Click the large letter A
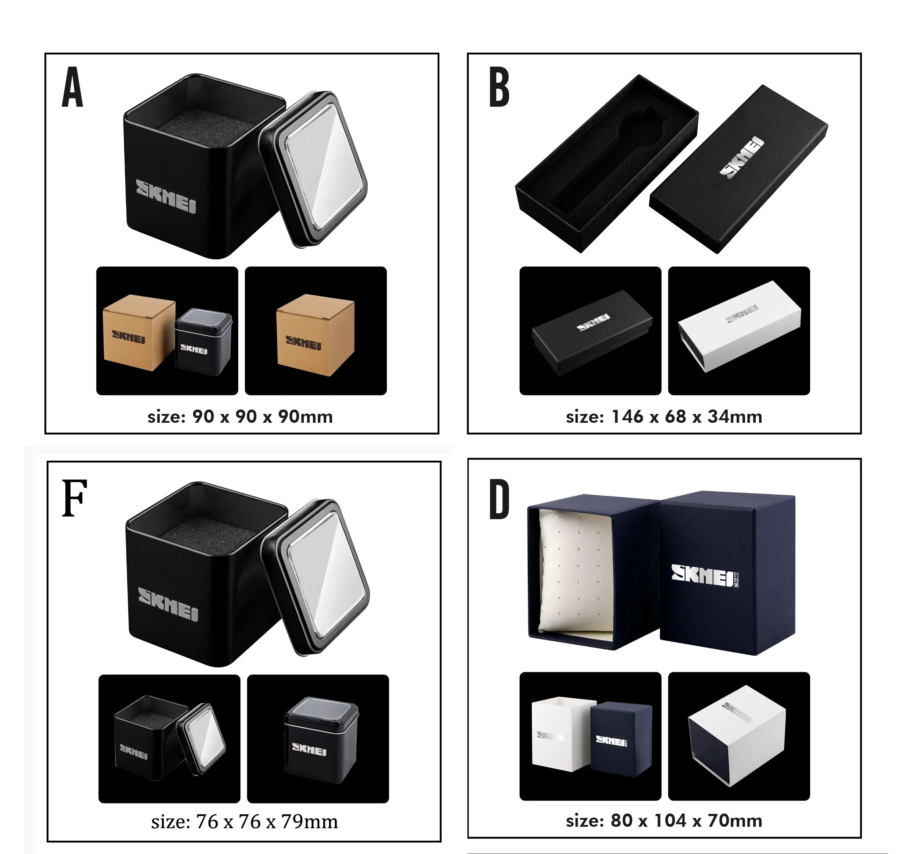click(72, 87)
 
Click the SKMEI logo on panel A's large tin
click(166, 196)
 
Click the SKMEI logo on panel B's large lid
click(741, 157)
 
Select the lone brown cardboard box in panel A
click(315, 335)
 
